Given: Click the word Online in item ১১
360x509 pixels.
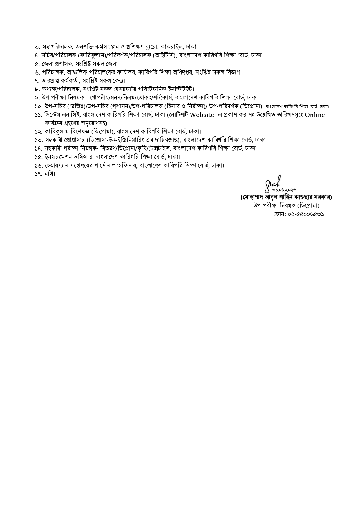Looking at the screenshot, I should coord(315,115).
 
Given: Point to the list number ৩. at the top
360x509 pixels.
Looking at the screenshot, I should coord(37,47).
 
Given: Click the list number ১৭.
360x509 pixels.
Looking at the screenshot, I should coord(38,174).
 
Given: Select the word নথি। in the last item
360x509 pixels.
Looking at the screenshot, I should coord(49,174).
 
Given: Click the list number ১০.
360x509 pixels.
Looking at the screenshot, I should coord(38,106).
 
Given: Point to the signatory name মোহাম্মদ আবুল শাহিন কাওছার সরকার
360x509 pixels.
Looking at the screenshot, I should coord(286,197).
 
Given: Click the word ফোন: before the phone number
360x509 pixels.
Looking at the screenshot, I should coord(280,214).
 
